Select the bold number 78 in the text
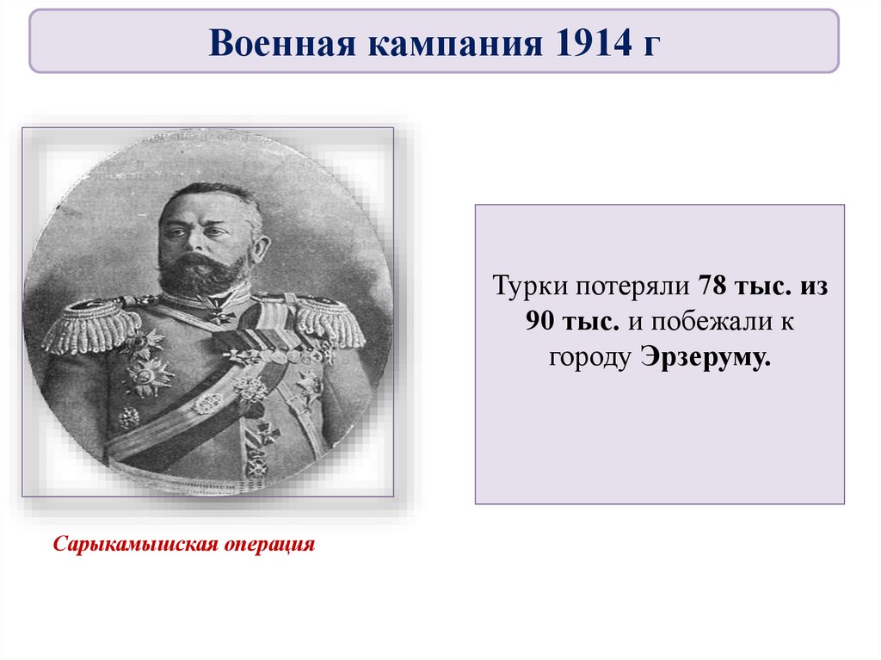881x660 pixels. (714, 286)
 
